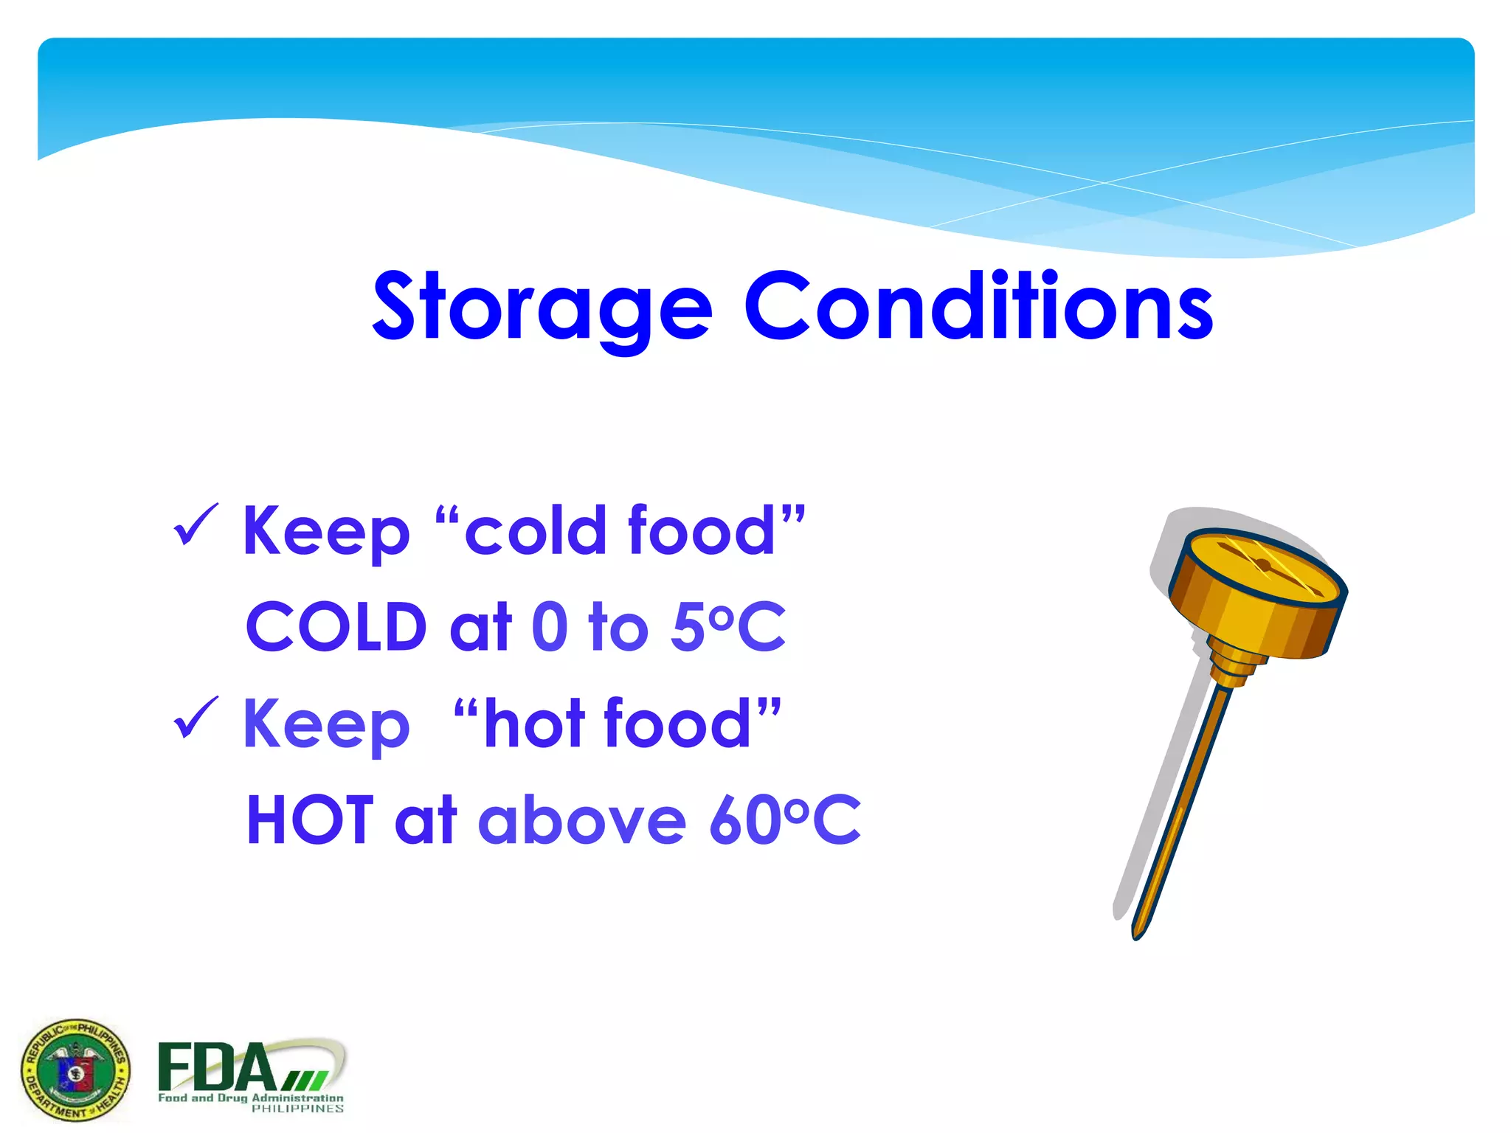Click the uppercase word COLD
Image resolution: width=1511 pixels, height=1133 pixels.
[x=336, y=627]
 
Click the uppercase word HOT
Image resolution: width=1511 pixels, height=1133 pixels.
[x=310, y=820]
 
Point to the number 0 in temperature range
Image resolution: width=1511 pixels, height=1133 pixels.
[x=550, y=627]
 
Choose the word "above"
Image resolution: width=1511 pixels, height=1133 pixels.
[x=583, y=820]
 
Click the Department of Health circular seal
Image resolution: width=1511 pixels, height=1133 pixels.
[x=75, y=1070]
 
